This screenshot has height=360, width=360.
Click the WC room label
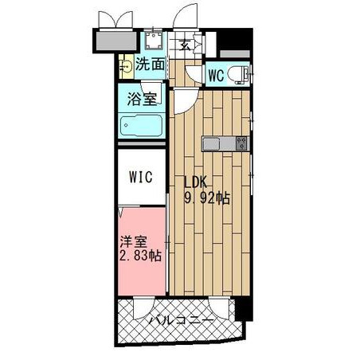(216, 76)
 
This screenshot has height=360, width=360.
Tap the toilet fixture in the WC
(238, 74)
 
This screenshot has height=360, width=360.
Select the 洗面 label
(150, 64)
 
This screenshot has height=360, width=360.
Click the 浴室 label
(142, 99)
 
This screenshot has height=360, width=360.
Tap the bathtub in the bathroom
(141, 126)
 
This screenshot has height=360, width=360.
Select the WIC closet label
(141, 177)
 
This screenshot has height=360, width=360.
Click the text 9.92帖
(207, 198)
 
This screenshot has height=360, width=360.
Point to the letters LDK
(195, 182)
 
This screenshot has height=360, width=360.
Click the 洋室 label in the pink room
(133, 242)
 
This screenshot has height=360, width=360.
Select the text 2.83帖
(140, 256)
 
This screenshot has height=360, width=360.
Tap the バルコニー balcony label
(181, 320)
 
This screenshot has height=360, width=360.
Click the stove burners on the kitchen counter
(241, 144)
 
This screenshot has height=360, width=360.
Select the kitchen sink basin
(211, 144)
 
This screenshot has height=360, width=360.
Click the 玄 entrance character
(185, 45)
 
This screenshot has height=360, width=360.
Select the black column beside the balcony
(244, 308)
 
